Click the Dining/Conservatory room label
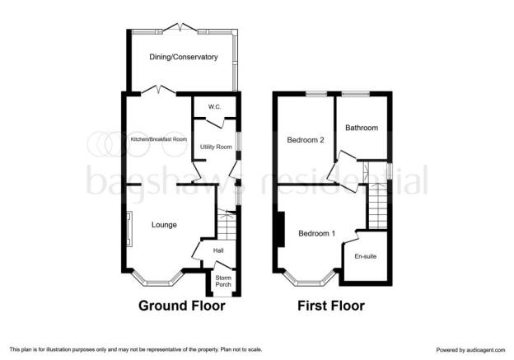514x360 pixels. click(183, 57)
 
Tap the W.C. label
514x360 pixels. click(214, 107)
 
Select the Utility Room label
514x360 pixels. click(216, 147)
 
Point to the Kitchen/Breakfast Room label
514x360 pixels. click(159, 139)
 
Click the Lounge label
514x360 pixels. click(164, 225)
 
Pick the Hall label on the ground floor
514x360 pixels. click(218, 250)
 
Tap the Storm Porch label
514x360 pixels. click(223, 281)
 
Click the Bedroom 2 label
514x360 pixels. click(306, 140)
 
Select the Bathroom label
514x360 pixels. click(362, 128)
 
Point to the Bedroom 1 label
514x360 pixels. click(316, 233)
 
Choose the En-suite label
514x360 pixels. click(365, 256)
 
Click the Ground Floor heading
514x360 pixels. click(181, 306)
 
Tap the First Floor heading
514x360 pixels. click(331, 306)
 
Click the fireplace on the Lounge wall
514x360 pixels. click(130, 228)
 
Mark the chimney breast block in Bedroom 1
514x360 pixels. click(281, 229)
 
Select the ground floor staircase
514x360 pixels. click(227, 225)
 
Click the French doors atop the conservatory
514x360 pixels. click(180, 29)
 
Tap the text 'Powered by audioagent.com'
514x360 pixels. click(470, 350)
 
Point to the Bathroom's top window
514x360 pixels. click(356, 94)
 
